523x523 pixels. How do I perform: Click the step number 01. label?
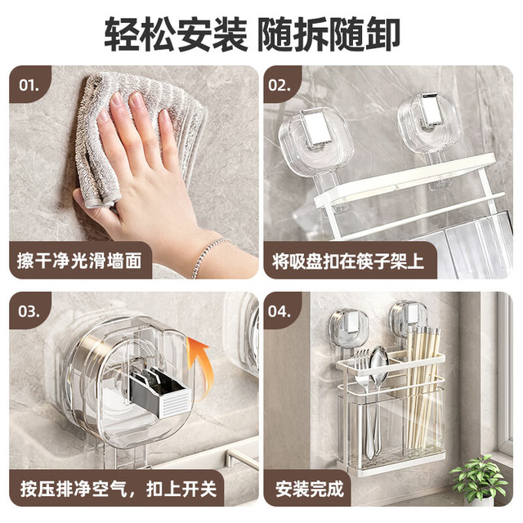pyautogui.click(x=29, y=85)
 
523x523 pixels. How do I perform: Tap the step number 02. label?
pyautogui.click(x=279, y=85)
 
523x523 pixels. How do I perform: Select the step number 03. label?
pyautogui.click(x=29, y=311)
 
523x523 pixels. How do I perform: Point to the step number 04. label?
pyautogui.click(x=279, y=311)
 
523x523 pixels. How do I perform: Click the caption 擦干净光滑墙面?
pyautogui.click(x=79, y=261)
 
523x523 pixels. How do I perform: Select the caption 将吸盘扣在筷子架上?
pyautogui.click(x=348, y=261)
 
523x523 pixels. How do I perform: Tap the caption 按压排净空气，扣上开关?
pyautogui.click(x=118, y=489)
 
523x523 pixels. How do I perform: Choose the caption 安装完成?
pyautogui.click(x=310, y=489)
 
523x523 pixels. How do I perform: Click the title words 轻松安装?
pyautogui.click(x=177, y=34)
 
